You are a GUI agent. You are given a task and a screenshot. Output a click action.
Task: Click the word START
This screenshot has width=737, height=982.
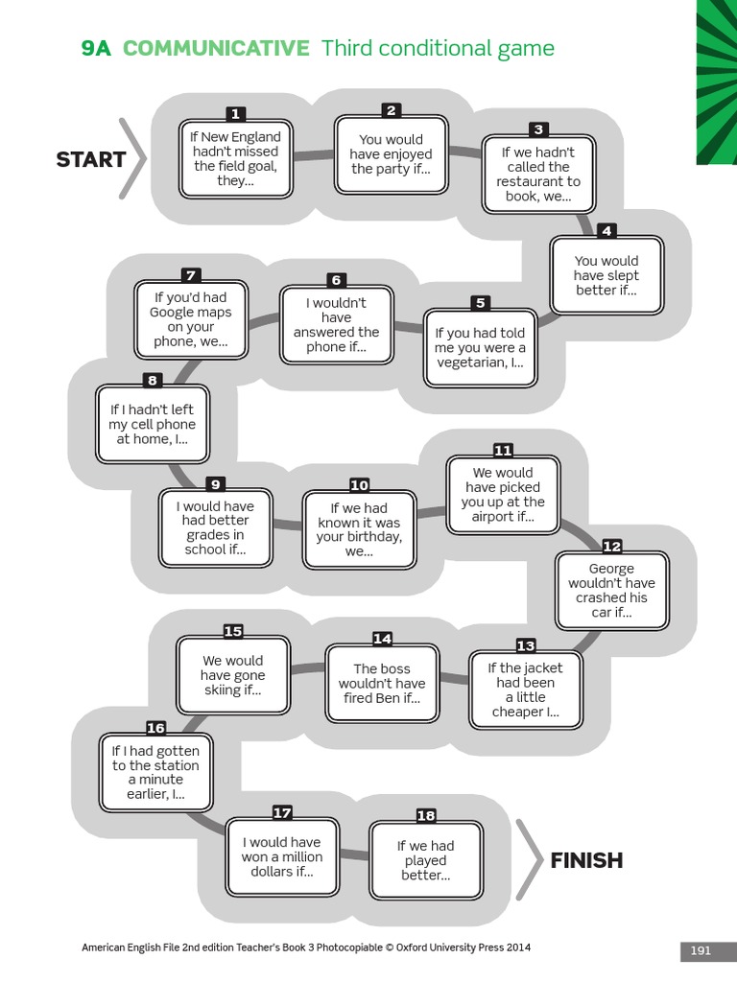point(91,159)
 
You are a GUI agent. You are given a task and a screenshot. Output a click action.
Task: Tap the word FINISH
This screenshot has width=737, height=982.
point(586,860)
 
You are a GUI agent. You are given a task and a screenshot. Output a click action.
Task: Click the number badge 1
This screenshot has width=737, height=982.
point(236,114)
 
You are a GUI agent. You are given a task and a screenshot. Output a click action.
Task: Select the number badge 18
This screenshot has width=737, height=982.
point(426,815)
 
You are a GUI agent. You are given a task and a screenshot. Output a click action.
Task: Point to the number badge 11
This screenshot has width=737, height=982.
point(503,450)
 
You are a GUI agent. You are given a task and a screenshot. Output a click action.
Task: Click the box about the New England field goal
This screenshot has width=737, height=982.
point(236,159)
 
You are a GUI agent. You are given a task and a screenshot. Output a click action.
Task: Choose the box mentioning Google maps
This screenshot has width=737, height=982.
point(190,319)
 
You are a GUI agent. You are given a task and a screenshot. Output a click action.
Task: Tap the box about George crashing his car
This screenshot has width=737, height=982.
point(612,591)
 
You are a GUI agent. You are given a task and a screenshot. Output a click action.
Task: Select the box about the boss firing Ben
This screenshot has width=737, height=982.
point(382,683)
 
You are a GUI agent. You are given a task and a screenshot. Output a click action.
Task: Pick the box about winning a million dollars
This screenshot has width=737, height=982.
point(282,857)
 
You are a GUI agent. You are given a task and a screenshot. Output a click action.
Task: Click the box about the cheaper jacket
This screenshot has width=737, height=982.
point(525,690)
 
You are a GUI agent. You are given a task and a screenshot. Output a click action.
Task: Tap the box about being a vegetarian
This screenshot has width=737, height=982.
point(480,348)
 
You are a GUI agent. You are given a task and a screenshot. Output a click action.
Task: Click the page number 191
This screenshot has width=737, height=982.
point(701,950)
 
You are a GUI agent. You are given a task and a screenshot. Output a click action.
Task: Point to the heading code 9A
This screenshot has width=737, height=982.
point(96,49)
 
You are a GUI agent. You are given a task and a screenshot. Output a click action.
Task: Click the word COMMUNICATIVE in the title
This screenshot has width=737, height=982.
point(216,49)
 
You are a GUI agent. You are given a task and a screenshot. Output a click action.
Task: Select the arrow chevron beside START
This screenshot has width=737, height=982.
point(133,159)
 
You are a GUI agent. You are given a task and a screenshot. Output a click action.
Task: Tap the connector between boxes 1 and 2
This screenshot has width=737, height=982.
point(314,153)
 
